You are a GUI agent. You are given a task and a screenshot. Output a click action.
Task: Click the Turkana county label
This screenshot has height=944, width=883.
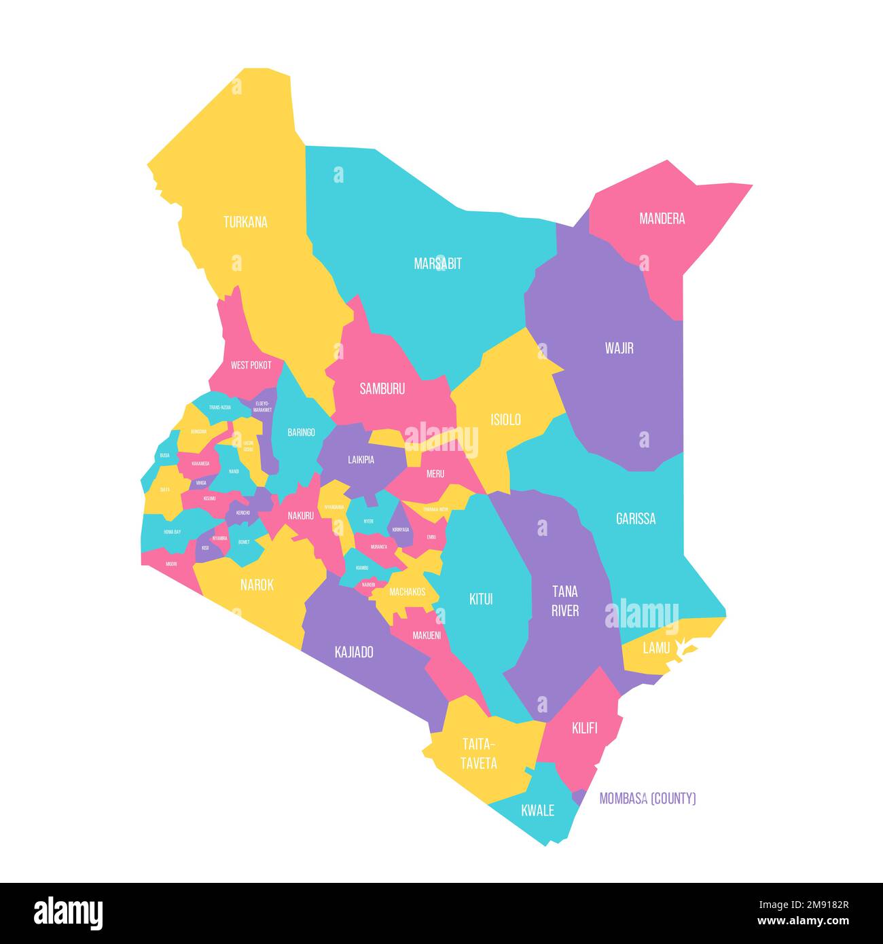(245, 222)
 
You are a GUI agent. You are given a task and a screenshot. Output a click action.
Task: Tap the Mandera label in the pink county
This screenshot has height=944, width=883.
(662, 219)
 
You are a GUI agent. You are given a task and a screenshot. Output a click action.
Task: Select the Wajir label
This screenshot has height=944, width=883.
(619, 348)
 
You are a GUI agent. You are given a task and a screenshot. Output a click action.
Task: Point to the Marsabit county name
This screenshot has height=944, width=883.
(437, 264)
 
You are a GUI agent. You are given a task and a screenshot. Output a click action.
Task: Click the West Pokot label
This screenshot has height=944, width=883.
(251, 365)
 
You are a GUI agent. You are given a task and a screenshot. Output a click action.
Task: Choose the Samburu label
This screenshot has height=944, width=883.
(382, 389)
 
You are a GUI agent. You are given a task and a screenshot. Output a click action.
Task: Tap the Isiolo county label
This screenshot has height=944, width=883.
(505, 420)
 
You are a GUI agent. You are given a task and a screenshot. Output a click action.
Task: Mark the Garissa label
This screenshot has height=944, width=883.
(635, 519)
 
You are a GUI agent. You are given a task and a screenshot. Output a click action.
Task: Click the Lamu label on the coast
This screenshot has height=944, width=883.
(655, 648)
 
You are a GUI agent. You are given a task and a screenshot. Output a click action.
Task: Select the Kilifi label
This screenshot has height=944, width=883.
(584, 729)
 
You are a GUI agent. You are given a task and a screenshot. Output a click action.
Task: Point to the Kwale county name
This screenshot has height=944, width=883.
(537, 810)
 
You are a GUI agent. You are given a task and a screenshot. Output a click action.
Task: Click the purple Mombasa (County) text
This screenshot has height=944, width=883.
(647, 799)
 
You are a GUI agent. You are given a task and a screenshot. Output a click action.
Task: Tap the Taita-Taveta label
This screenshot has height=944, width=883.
(479, 753)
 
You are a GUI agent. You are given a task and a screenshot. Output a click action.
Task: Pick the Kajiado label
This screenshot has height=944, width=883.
(354, 653)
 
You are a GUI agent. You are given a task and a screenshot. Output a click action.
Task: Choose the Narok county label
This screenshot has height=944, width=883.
(257, 585)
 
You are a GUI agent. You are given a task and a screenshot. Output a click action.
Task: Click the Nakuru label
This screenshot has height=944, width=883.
(300, 516)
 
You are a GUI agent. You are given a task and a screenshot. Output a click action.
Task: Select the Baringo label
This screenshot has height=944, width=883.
(301, 433)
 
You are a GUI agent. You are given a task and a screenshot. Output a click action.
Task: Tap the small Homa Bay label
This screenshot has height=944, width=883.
(172, 532)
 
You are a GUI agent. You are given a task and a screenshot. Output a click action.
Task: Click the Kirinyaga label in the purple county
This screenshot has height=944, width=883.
(401, 530)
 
